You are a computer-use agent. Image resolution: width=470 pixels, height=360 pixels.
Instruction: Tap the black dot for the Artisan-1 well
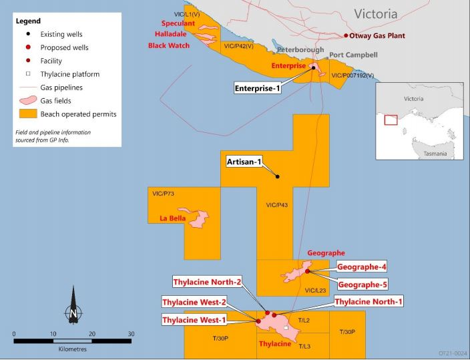tap(278, 176)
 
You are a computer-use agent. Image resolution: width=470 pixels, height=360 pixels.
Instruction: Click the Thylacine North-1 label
tap(369, 302)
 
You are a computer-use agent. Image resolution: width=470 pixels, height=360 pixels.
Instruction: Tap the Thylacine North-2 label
tap(207, 281)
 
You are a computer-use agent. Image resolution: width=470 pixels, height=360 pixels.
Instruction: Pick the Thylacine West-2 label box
tap(195, 302)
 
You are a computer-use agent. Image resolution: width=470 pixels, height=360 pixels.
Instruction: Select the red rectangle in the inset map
tap(390, 120)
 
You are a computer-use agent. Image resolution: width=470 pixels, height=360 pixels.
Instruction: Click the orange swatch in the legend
tap(26, 114)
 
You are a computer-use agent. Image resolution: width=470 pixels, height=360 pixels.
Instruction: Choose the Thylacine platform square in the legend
tap(26, 73)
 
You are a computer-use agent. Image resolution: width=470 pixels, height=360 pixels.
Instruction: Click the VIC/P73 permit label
tap(163, 194)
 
